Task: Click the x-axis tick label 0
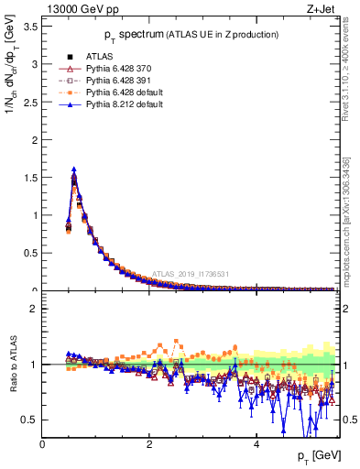(43, 443)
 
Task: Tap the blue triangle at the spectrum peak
(73, 169)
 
